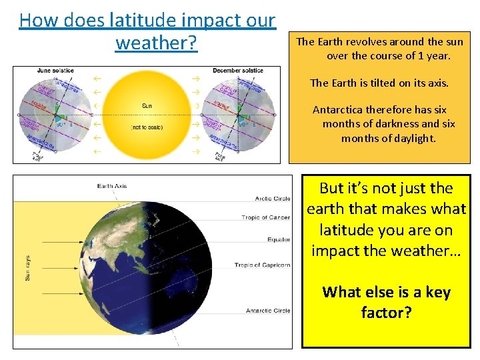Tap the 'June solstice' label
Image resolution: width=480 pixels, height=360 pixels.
[x=56, y=71]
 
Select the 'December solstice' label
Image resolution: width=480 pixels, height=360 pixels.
[x=238, y=71]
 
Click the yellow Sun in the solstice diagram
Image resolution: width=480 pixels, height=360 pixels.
[x=147, y=113]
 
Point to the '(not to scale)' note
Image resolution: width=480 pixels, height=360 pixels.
[x=147, y=127]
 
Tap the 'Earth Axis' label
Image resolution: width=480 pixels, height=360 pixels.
[x=111, y=186]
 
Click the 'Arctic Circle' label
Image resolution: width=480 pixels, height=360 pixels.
[x=272, y=198]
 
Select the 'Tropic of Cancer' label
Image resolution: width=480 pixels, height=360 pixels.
[x=265, y=217]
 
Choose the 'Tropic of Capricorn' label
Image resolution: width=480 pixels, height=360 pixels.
[x=262, y=265]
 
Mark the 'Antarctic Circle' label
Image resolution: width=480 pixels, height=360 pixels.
[x=267, y=311]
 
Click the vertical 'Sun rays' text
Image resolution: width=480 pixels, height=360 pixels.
[x=28, y=267]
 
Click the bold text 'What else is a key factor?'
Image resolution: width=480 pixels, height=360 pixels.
[x=386, y=302]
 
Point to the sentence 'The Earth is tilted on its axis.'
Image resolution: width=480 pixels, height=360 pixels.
[x=379, y=83]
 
